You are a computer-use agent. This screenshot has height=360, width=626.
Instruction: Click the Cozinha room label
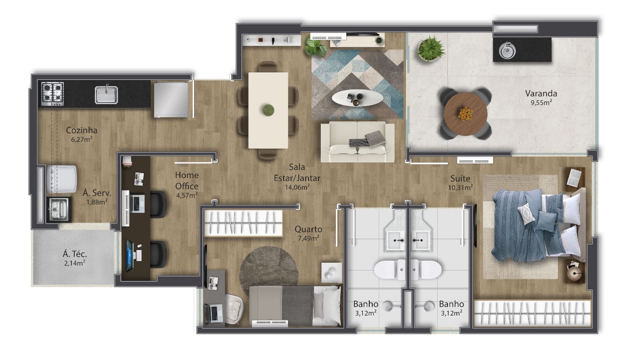coord(82,130)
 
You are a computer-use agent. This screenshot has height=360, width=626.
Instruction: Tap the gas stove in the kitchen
coord(52,94)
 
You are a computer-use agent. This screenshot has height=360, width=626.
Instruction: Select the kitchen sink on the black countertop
coord(106,94)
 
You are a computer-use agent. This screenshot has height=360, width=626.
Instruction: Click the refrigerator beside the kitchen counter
coord(171,99)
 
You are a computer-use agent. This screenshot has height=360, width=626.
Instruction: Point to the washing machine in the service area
coord(62,179)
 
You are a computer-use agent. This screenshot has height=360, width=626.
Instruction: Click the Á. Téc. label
coord(75,254)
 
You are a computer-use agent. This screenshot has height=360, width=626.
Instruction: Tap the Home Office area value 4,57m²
coord(187,195)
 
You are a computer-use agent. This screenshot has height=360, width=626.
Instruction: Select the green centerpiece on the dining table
coord(268,110)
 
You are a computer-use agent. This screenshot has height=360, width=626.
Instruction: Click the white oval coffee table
coord(358,98)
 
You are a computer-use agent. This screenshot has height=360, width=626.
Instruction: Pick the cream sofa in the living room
coord(358,142)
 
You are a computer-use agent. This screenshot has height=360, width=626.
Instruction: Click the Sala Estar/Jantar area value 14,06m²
coord(297,187)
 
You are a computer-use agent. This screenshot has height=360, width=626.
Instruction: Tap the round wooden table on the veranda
coord(465,114)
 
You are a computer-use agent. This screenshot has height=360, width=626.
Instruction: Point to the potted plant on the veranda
coord(431,48)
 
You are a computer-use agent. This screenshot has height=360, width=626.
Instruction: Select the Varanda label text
coord(541,93)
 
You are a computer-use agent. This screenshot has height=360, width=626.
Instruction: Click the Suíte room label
coord(460,179)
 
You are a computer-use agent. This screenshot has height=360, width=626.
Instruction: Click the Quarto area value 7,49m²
coord(309,238)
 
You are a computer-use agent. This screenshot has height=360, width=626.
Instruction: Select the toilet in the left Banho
coord(390,270)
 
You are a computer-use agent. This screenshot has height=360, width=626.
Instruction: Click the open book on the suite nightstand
coord(574,178)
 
